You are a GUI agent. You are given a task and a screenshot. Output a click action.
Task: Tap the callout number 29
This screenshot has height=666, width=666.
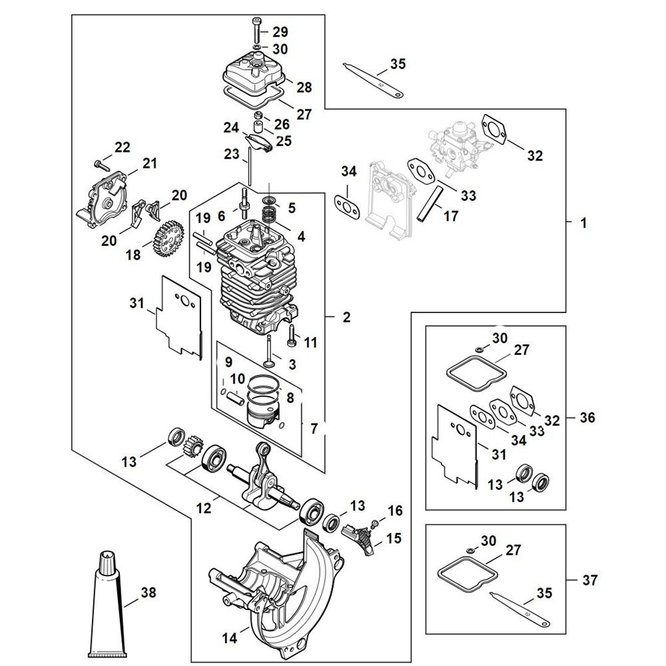(x=280, y=32)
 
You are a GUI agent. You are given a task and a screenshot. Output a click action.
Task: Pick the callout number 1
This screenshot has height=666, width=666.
(x=583, y=222)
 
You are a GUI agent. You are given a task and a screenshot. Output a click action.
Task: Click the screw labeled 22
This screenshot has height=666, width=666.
(x=99, y=164)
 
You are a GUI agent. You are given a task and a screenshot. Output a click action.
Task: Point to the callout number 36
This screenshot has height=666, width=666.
(x=587, y=418)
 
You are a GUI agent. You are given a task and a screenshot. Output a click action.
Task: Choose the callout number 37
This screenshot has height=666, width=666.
(x=589, y=580)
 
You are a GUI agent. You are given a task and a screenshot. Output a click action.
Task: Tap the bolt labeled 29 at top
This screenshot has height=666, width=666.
(x=257, y=27)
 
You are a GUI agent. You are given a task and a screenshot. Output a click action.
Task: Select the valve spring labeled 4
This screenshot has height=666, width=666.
(x=268, y=213)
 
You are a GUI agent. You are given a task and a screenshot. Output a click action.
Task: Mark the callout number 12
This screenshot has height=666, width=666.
(x=204, y=507)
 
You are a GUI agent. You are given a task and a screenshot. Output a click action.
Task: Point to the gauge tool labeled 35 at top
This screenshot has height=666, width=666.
(x=372, y=79)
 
